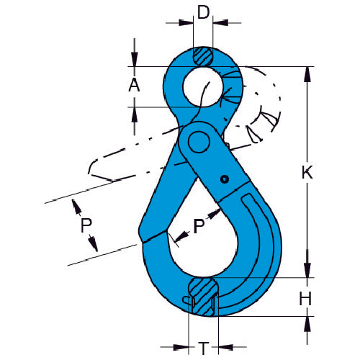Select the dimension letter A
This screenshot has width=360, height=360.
point(133,85)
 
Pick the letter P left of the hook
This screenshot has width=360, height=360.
point(86,225)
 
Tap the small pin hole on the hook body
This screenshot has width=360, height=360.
point(225,179)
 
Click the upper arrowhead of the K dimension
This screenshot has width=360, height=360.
point(309,73)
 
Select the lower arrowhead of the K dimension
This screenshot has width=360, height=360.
point(309,271)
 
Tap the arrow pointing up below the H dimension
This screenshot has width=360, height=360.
point(309,322)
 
